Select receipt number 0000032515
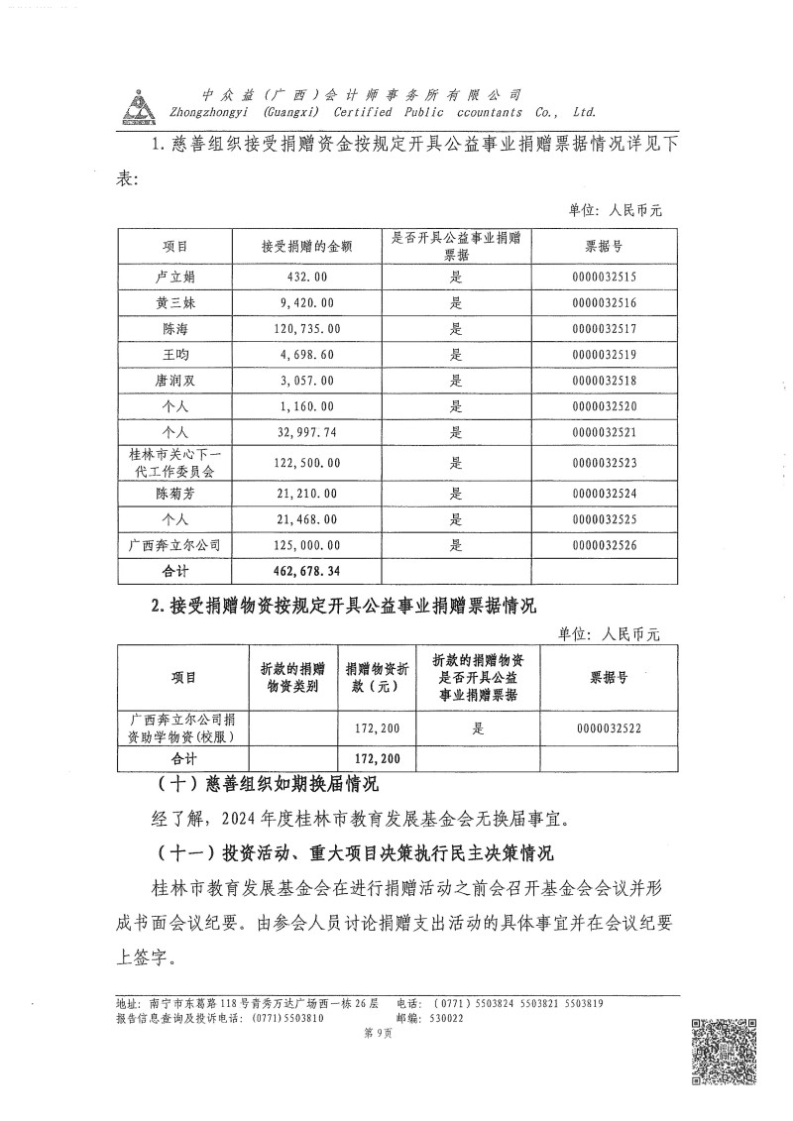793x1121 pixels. click(604, 277)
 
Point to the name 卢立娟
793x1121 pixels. click(174, 277)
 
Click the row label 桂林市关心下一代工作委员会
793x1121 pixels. click(174, 463)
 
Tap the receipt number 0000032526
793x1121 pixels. click(604, 545)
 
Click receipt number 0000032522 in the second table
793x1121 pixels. click(623, 729)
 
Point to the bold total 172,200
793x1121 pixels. click(376, 759)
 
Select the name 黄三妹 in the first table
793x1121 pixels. click(174, 302)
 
